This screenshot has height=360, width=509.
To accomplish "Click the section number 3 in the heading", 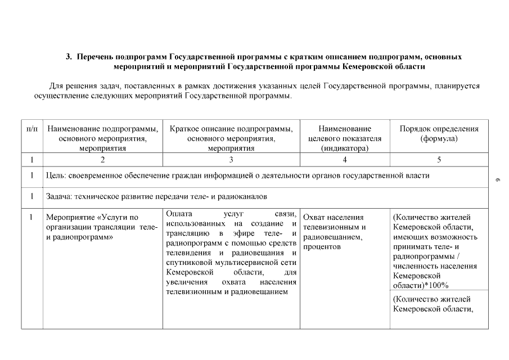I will pyautogui.click(x=69, y=57).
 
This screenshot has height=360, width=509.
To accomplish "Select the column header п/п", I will pyautogui.click(x=32, y=129).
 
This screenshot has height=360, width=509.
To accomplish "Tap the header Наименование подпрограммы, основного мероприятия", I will pyautogui.click(x=102, y=138).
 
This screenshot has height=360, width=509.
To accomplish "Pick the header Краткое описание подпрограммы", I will pyautogui.click(x=231, y=138).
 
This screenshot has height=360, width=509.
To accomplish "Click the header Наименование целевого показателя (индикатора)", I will pyautogui.click(x=345, y=138).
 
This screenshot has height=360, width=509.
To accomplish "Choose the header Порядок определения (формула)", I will pyautogui.click(x=439, y=133).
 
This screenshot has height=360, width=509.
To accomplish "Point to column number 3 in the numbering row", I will pyautogui.click(x=231, y=159).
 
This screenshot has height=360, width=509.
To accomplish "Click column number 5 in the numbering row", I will pyautogui.click(x=439, y=159).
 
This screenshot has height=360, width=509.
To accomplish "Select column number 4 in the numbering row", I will pyautogui.click(x=345, y=159).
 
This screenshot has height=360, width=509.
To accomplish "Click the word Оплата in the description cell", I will pyautogui.click(x=179, y=214).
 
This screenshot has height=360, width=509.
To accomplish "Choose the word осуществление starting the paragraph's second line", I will pyautogui.click(x=61, y=96).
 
